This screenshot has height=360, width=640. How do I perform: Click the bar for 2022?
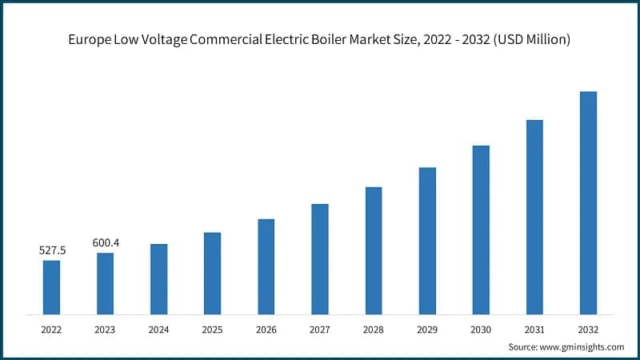(x=51, y=286)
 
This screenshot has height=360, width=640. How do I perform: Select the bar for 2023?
(x=105, y=283)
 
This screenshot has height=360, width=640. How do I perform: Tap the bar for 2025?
(x=212, y=273)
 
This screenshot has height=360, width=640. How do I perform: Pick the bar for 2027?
(x=319, y=258)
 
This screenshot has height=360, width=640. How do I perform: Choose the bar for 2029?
(x=427, y=240)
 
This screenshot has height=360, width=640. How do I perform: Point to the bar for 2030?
(x=481, y=230)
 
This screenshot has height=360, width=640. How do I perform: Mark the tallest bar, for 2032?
(x=588, y=202)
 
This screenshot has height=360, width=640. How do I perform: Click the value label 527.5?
(x=52, y=250)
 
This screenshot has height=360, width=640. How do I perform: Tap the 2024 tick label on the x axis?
(x=158, y=328)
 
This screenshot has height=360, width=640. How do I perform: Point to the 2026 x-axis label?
(x=266, y=328)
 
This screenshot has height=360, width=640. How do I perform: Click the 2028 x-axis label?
(x=374, y=328)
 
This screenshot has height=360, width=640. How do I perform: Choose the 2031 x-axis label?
(x=534, y=328)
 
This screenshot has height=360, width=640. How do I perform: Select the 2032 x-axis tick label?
(x=588, y=328)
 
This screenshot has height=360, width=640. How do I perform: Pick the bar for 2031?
(x=534, y=217)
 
